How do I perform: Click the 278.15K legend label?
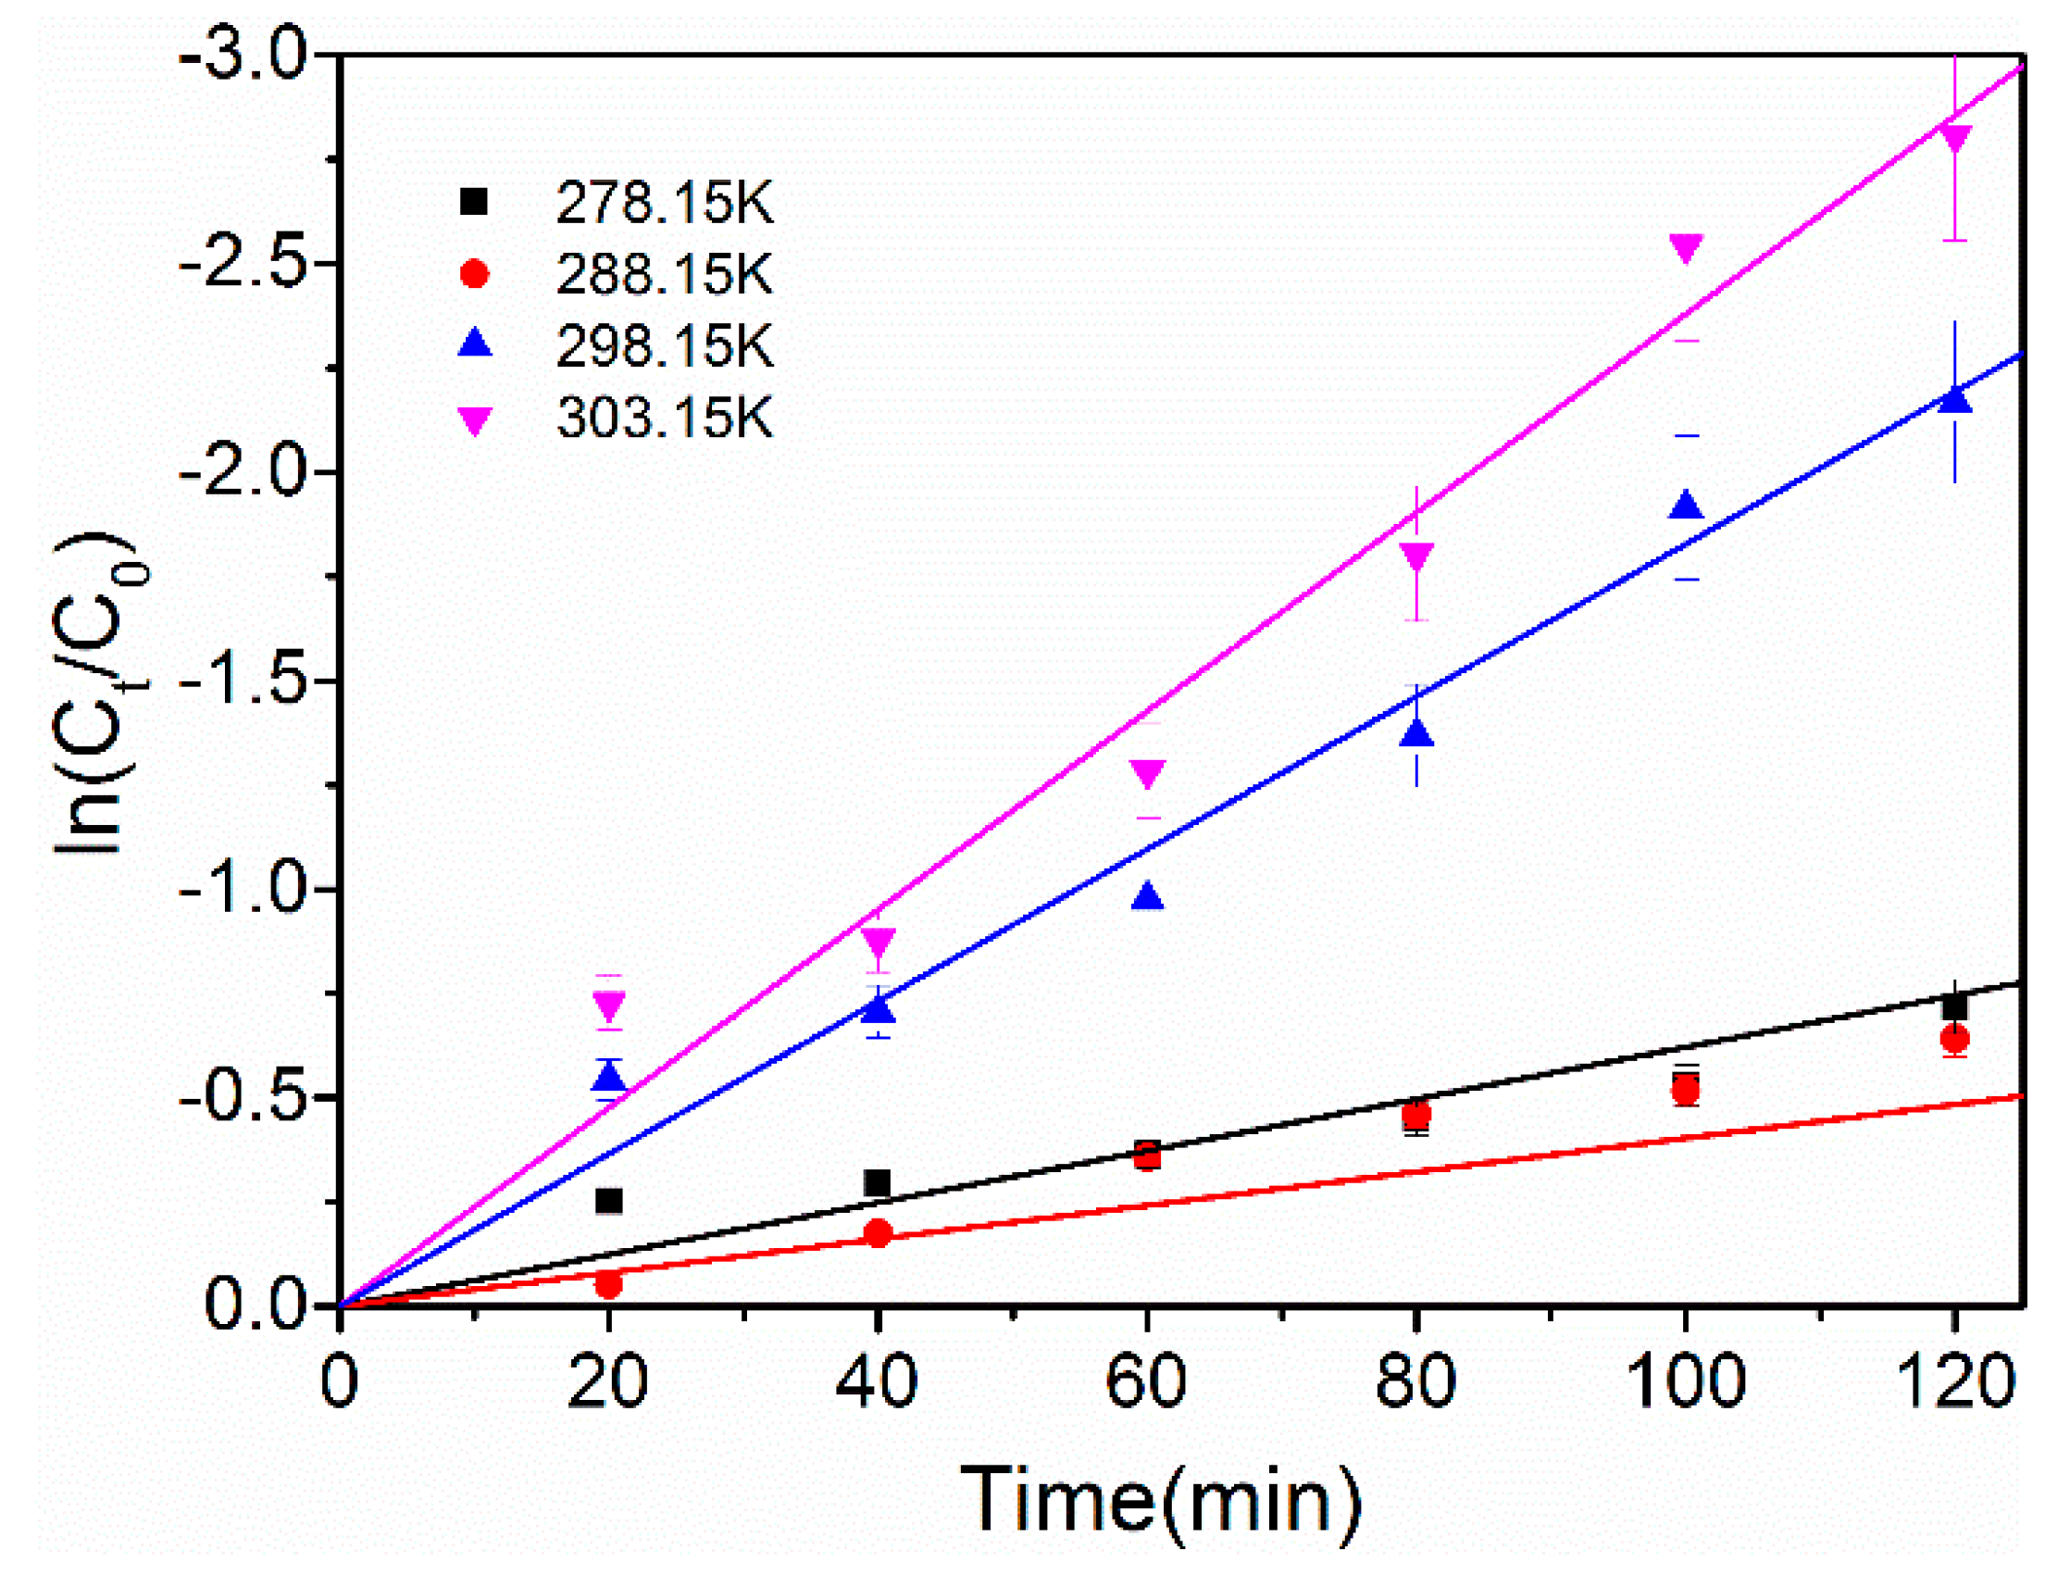pos(664,203)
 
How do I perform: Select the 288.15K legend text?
pos(664,274)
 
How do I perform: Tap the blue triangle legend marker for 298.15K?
pos(475,343)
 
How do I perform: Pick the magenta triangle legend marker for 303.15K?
pos(475,419)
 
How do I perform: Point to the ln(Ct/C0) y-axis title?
pos(98,693)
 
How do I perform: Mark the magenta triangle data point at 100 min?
pos(1685,247)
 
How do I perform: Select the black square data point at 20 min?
pos(609,1201)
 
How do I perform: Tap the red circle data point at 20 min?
pos(609,1285)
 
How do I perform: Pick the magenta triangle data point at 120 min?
pos(1955,137)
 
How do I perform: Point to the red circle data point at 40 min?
pos(878,1234)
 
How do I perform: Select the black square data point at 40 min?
pos(877,1182)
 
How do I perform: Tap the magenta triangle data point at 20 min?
pos(609,1006)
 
